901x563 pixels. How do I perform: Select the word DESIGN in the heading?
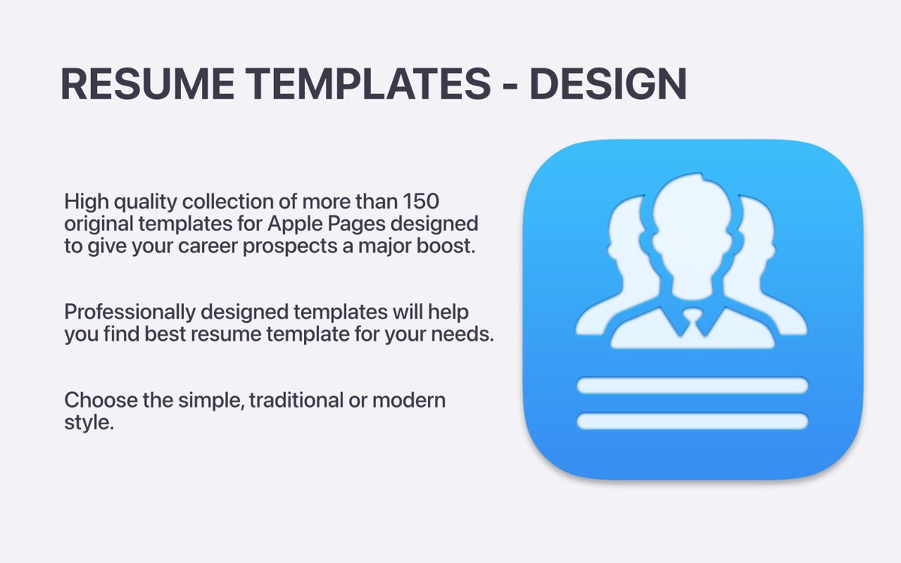pos(608,84)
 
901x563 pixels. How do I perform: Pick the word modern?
pos(412,399)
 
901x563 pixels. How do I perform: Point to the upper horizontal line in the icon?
pos(692,386)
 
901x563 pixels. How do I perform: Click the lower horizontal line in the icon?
pos(692,421)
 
